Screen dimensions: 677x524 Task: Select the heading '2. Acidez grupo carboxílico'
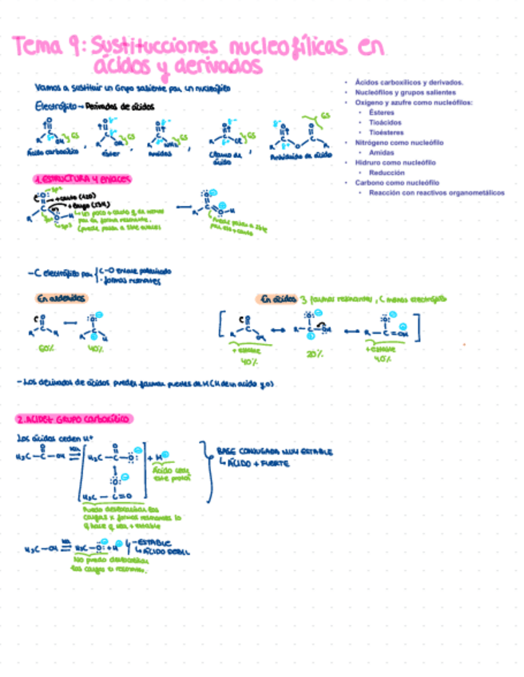[x=74, y=418]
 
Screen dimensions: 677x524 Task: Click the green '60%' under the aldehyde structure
[x=47, y=349]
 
